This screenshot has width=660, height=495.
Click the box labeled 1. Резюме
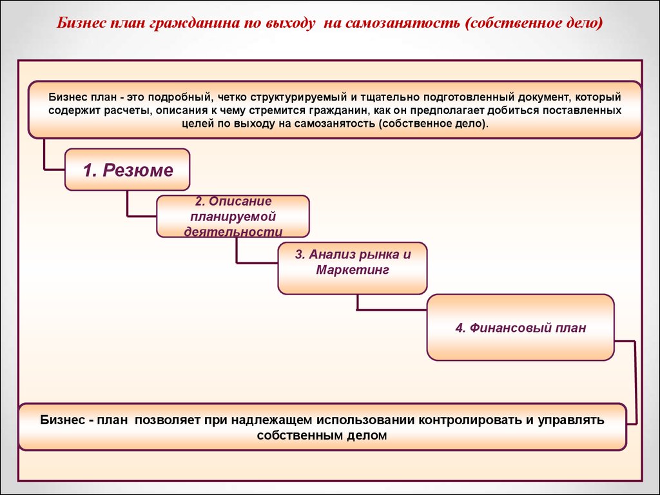point(127,170)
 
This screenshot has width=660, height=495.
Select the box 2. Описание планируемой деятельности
point(233,217)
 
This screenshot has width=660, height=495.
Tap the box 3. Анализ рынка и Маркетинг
point(353,268)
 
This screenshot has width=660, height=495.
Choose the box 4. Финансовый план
point(520,327)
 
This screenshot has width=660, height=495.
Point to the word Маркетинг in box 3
point(353,270)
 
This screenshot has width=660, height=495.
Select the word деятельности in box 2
point(233,231)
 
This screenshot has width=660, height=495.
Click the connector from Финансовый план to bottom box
point(635,382)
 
